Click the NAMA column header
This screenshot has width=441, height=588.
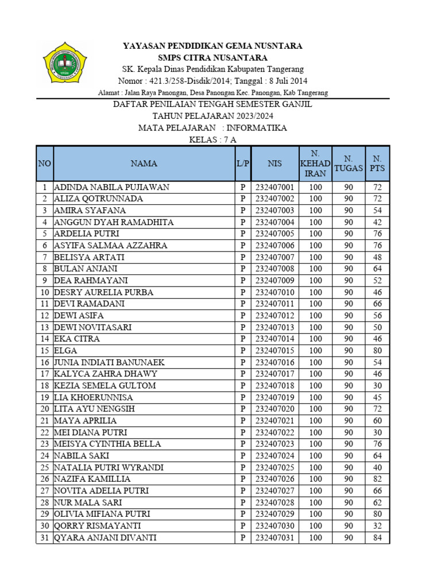point(144,164)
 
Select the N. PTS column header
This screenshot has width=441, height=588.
point(377,164)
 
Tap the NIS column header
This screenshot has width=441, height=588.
point(274,164)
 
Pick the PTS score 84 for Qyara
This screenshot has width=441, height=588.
point(377,538)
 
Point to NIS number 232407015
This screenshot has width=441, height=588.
point(274,351)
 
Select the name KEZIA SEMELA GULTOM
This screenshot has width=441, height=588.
point(105,386)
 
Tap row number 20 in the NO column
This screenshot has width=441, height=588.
point(44,409)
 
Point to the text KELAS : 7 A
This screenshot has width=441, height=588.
point(212,140)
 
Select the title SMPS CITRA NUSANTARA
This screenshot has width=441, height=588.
point(213,57)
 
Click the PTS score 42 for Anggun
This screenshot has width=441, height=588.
point(377,222)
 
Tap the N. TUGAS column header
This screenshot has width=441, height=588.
point(348,164)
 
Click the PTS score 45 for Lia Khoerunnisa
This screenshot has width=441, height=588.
point(377,398)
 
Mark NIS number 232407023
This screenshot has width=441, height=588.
point(274,444)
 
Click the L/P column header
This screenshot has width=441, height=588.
point(243,164)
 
